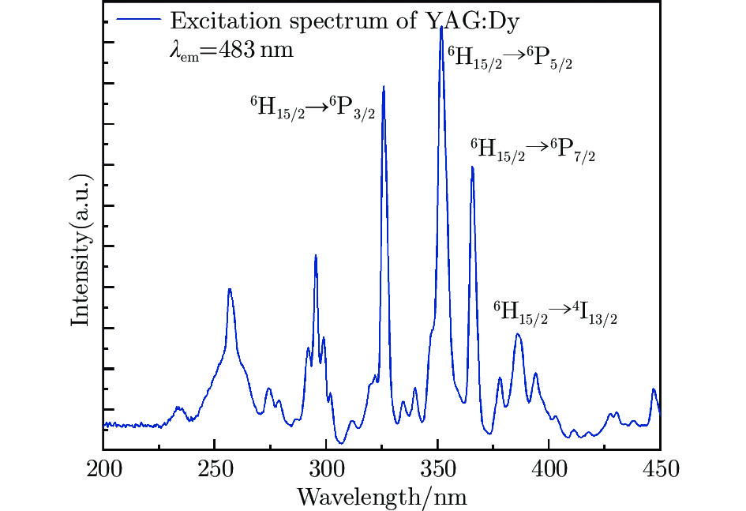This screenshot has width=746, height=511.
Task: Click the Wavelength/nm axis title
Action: pos(382,497)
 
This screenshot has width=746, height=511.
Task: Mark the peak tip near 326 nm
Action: pos(384,86)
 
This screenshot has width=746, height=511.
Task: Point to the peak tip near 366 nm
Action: pos(472,167)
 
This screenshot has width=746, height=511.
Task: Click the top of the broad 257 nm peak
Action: pos(230,289)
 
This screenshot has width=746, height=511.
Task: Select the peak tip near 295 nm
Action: pos(316,255)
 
